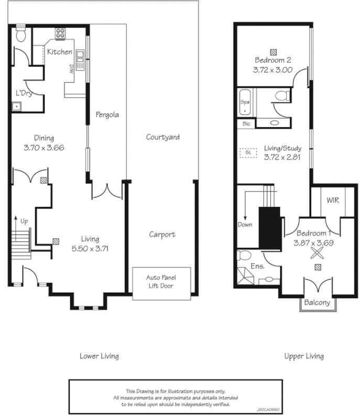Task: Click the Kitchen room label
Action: coord(60,52)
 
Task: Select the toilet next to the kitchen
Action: coord(21,35)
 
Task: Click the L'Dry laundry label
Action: coord(24,93)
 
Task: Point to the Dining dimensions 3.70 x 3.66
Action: coord(43,148)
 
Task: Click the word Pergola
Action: coord(107,114)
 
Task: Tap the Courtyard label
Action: coord(162,137)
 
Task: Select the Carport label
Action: coord(162,235)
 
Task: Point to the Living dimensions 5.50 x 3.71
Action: coord(90,249)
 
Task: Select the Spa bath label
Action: coord(245,102)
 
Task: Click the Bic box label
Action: coord(246,124)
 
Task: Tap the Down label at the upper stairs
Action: coord(245,225)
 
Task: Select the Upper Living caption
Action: coord(303,356)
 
